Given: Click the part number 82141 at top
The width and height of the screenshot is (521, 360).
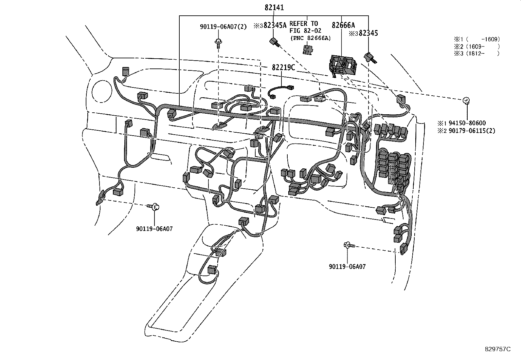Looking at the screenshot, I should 274,8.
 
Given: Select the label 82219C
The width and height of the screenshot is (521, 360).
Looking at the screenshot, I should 283,68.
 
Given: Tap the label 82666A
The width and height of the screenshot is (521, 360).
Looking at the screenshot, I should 343,25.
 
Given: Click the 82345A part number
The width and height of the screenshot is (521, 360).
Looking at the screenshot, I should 275,25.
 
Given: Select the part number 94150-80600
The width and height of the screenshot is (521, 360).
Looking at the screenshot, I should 467,123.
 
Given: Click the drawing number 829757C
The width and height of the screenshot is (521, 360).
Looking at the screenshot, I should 497,349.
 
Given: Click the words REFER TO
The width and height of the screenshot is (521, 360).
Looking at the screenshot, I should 303,24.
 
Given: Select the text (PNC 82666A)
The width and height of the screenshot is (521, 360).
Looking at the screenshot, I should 310,38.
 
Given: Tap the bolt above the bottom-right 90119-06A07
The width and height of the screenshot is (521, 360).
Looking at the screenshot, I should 349,245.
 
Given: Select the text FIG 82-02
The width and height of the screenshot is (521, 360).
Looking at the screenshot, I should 305,31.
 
